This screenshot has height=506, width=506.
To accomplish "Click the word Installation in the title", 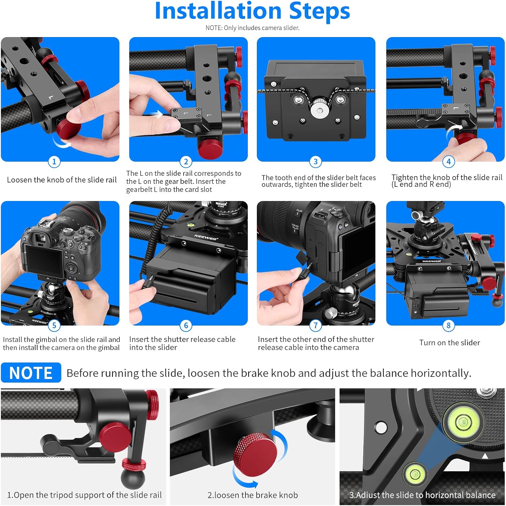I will [218, 11].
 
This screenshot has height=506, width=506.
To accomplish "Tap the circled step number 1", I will [54, 162].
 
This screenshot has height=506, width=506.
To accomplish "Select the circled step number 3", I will [315, 162].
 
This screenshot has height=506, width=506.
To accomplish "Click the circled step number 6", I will [186, 326].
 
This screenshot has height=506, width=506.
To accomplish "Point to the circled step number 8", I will [448, 326].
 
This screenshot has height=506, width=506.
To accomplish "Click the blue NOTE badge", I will [31, 373].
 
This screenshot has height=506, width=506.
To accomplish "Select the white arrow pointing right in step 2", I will [156, 114].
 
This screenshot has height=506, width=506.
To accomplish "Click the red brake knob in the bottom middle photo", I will [256, 452].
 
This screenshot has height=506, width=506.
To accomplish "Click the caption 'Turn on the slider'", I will [449, 343].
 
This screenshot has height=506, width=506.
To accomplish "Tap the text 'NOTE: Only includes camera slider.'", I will [252, 28].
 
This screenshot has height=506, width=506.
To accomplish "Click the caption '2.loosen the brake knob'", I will [252, 495].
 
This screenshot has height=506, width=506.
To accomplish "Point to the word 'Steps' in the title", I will [319, 11].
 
